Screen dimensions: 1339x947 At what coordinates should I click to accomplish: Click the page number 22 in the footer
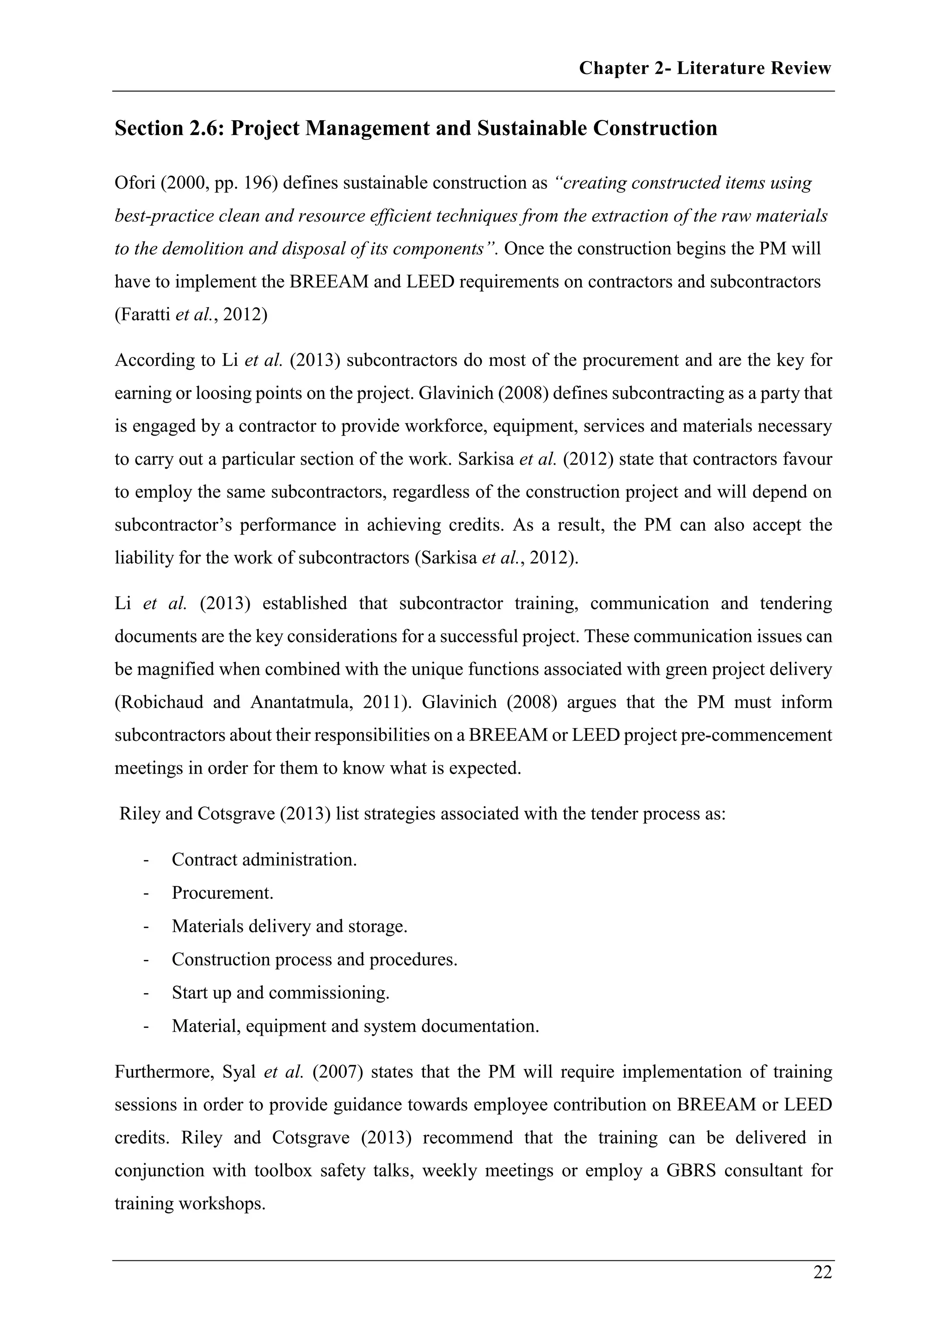coord(822,1272)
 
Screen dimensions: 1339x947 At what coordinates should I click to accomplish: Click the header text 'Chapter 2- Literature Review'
coord(704,68)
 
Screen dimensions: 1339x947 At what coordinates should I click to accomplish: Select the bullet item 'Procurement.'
coord(222,893)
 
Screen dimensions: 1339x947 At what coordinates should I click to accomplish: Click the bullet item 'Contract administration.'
coord(264,860)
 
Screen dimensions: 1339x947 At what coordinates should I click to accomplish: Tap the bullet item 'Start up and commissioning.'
coord(280,993)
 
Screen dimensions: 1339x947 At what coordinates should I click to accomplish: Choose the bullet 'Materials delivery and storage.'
coord(289,926)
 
